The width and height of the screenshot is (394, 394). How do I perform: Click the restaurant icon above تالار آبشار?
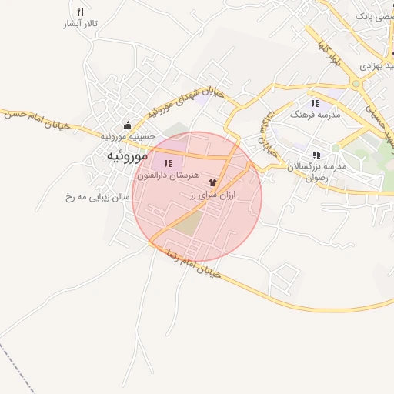click(81, 12)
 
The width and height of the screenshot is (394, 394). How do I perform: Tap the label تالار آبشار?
click(81, 24)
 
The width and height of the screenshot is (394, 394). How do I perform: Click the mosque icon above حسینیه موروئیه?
click(128, 125)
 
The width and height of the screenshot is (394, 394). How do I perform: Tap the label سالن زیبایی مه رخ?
click(99, 197)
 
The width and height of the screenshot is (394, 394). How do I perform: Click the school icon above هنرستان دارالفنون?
click(168, 163)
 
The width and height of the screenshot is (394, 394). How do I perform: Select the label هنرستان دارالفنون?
click(168, 175)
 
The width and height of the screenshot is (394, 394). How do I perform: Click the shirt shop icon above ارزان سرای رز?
click(213, 182)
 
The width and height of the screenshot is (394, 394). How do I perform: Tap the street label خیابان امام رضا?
click(188, 265)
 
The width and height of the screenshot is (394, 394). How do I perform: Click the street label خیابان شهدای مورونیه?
click(185, 99)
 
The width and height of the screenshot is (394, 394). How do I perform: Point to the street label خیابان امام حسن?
click(35, 118)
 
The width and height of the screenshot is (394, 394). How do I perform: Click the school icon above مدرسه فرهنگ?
click(314, 102)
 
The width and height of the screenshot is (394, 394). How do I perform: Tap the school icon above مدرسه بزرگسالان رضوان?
click(316, 155)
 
